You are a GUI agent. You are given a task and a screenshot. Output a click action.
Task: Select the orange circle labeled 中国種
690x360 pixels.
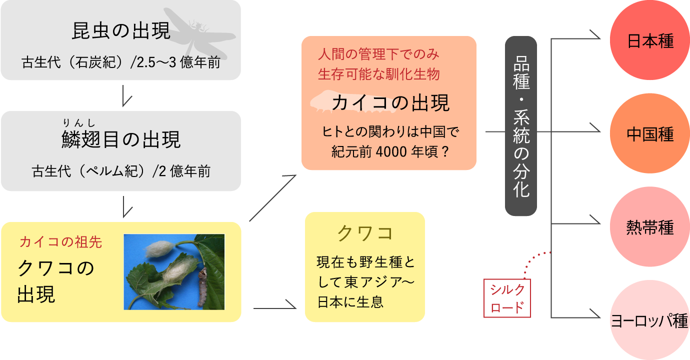tap(650, 134)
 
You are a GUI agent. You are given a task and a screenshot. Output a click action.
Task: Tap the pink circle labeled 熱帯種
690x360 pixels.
tap(650, 227)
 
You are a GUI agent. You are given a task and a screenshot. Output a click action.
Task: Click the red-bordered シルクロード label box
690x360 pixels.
tap(507, 298)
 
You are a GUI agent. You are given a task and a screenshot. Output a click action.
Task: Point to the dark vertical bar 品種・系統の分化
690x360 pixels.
tap(520, 126)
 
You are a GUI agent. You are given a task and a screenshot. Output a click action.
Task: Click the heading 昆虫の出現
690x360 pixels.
tap(121, 31)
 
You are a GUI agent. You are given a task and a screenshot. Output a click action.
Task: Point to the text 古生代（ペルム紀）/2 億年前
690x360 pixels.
tap(121, 171)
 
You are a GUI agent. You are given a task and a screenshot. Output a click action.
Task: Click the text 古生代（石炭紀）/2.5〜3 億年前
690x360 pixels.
tap(121, 63)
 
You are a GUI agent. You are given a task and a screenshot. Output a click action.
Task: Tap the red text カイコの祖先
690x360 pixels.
tap(60, 242)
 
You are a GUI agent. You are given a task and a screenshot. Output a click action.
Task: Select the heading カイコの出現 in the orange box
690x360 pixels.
tap(390, 103)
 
